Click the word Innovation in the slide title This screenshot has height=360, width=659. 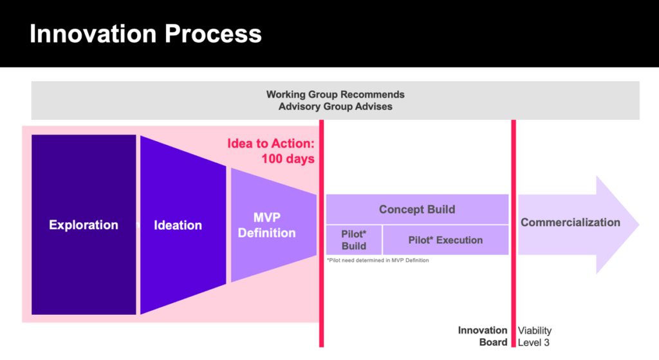(94, 33)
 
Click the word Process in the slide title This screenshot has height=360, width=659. (213, 33)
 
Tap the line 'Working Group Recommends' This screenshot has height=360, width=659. (335, 94)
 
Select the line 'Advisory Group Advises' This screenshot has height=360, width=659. (335, 106)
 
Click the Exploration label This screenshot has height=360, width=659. (84, 225)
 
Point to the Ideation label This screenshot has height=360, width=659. (178, 225)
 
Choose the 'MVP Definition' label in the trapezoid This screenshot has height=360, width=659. (267, 225)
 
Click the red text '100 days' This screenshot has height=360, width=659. (288, 159)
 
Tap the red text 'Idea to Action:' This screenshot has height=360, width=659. (271, 144)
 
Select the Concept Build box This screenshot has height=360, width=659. (417, 209)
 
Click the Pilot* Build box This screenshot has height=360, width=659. (354, 240)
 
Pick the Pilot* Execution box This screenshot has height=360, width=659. (446, 240)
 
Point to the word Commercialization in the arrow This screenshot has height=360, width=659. (570, 222)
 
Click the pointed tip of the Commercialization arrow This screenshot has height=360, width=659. (639, 225)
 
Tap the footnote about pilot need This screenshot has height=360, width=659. (378, 260)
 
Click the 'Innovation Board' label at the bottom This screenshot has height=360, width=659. (483, 336)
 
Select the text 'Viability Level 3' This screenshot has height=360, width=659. (535, 336)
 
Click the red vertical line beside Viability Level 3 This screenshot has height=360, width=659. (514, 233)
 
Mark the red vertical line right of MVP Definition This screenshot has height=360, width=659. (322, 233)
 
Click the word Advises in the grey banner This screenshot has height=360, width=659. (374, 106)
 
